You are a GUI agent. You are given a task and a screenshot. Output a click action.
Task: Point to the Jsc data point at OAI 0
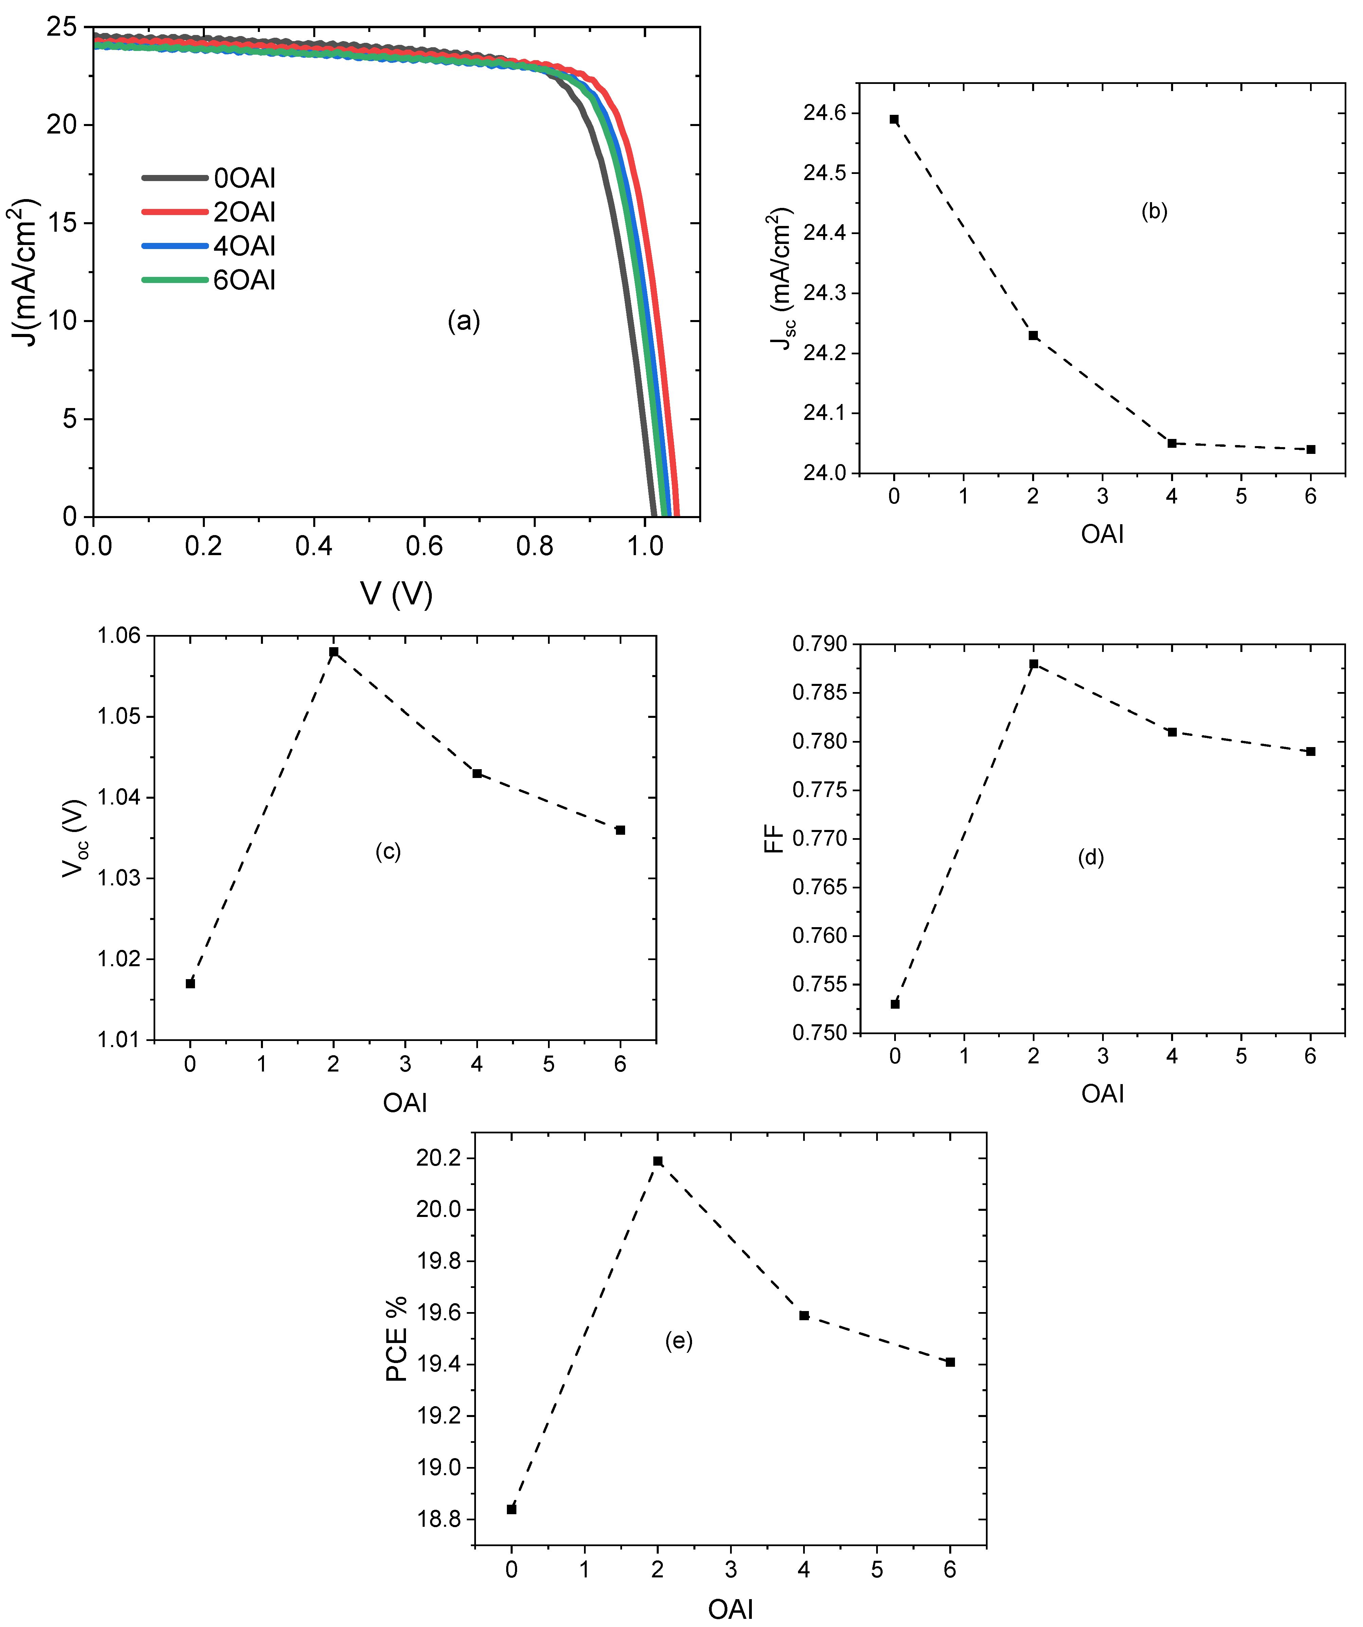click(894, 119)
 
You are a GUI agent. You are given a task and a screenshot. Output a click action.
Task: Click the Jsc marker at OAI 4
click(1172, 443)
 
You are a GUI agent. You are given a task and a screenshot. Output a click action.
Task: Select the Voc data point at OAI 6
click(620, 830)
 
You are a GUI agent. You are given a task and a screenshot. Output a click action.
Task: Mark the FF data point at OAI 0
click(895, 1004)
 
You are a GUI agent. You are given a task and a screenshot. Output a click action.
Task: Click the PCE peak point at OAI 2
click(658, 1161)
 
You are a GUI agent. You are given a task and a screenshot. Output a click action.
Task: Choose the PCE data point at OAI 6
click(950, 1362)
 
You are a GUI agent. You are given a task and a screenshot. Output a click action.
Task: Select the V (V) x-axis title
click(396, 594)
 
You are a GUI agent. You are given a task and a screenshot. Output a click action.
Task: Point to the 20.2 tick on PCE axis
click(439, 1158)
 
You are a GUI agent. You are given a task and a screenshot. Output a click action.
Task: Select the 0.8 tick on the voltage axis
click(535, 546)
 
